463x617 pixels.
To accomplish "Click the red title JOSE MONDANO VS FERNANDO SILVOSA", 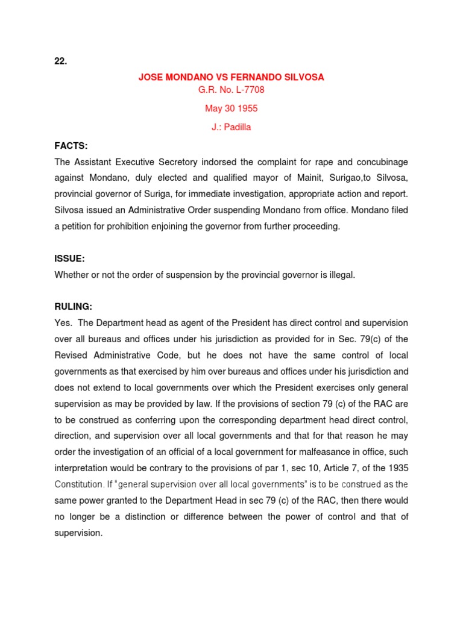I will click(231, 78).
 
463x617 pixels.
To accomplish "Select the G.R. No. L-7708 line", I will click(231, 90).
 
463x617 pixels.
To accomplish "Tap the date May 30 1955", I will click(231, 108).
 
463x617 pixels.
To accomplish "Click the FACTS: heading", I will click(71, 145).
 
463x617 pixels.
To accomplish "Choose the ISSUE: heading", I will click(69, 258).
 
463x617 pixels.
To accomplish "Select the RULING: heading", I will click(74, 305).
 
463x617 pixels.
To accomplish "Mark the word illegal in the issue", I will click(340, 275).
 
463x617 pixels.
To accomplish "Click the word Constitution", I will click(78, 484).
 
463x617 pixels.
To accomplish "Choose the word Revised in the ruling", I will click(72, 355).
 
